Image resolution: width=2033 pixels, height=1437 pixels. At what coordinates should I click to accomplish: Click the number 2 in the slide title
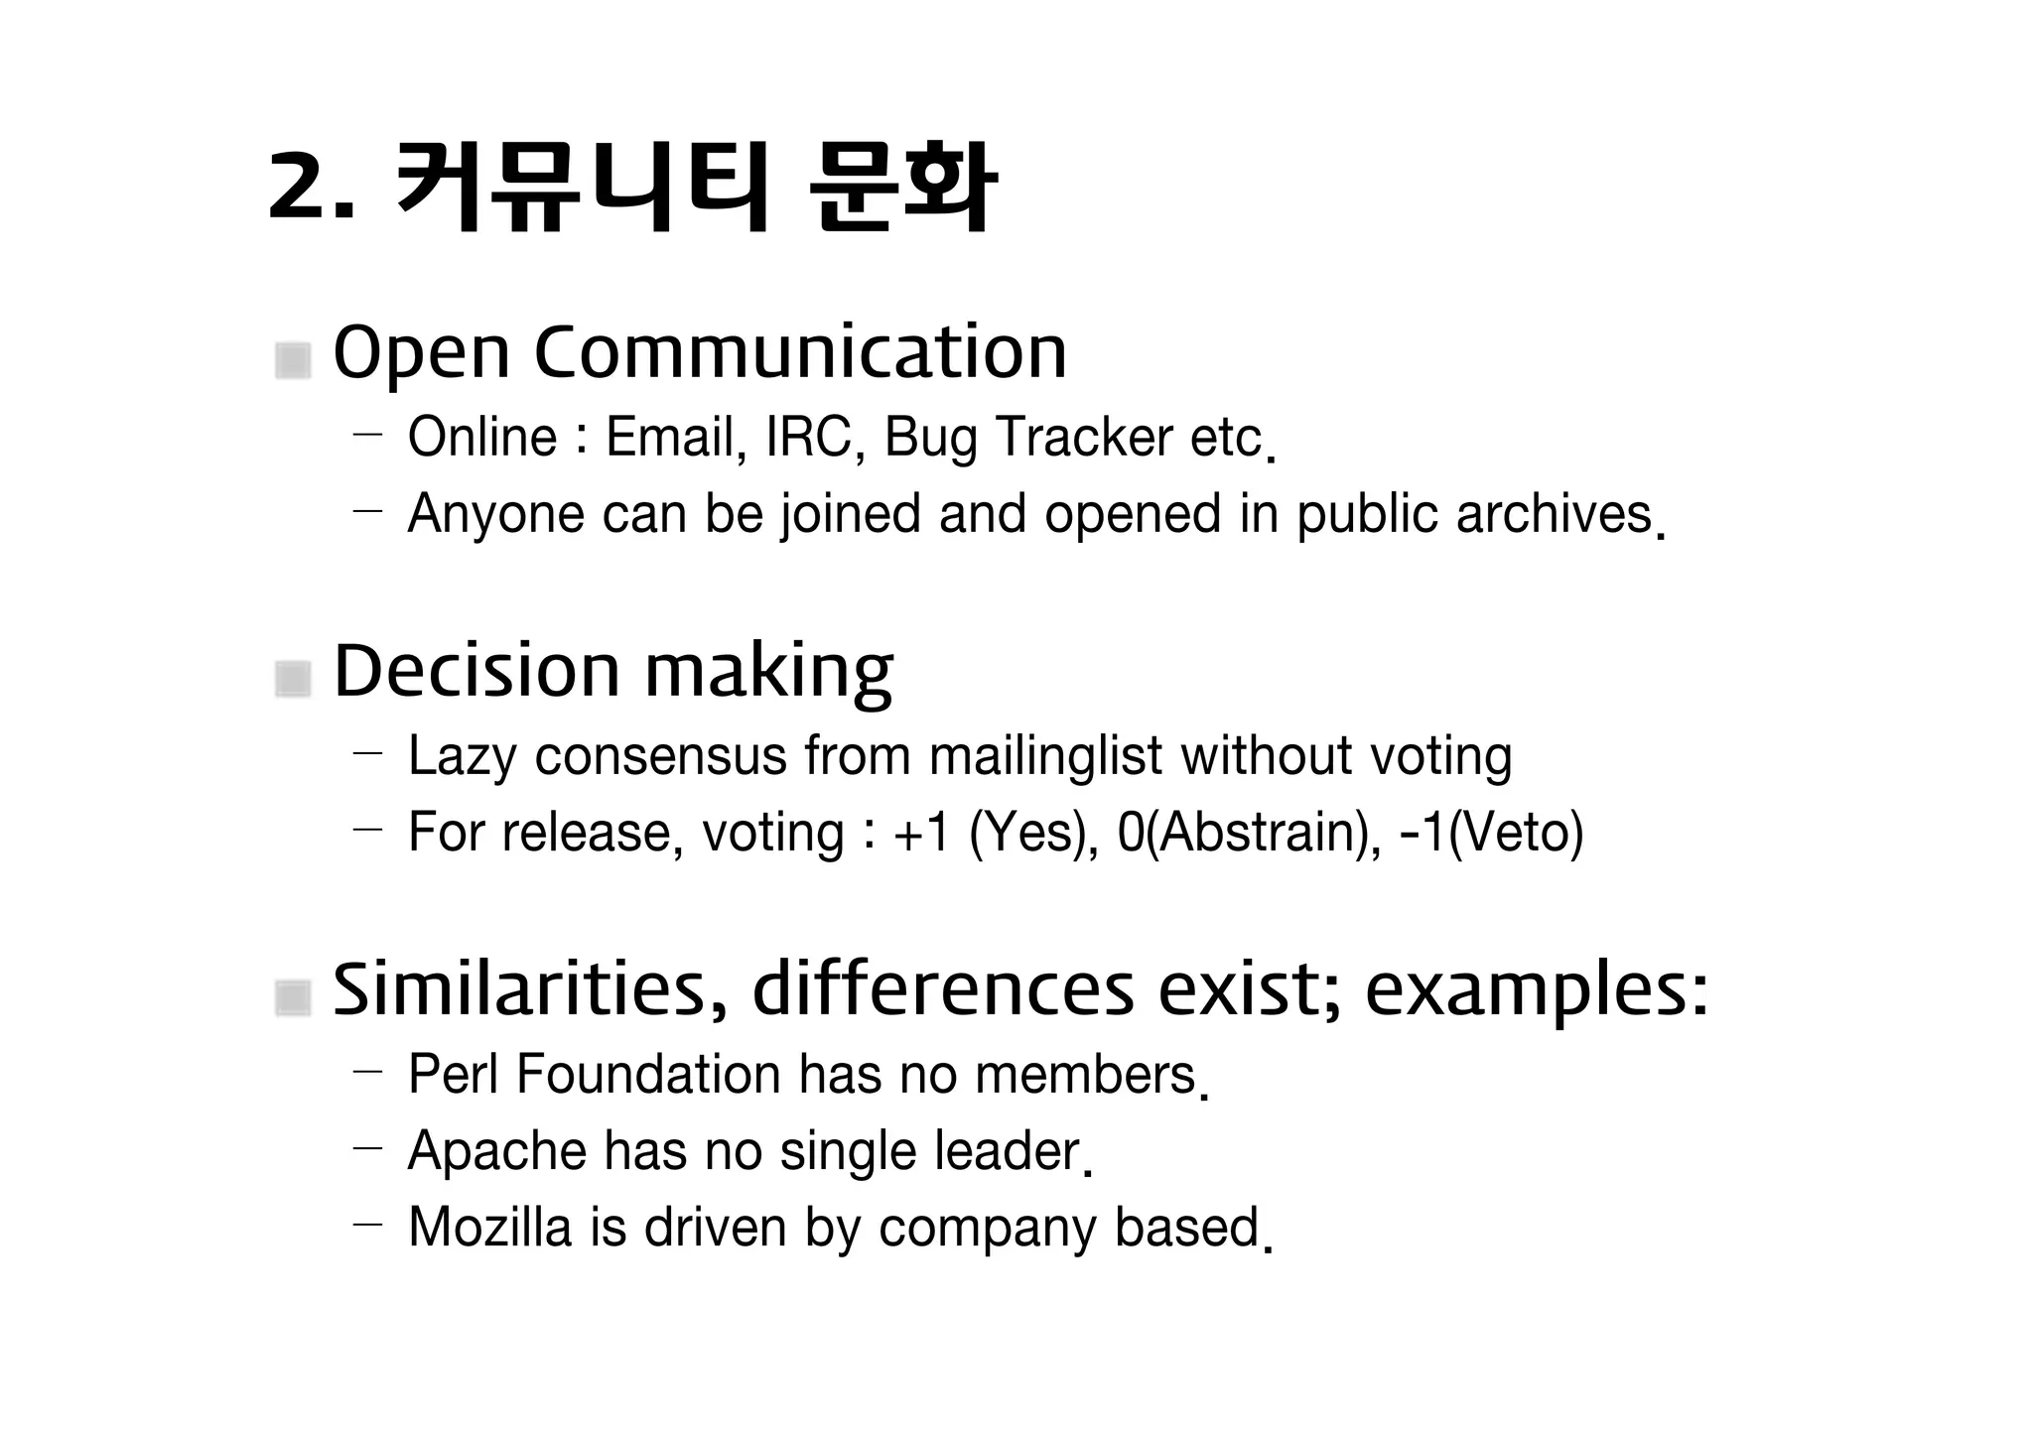(297, 186)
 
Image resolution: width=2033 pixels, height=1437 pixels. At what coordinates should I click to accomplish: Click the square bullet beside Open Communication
(293, 360)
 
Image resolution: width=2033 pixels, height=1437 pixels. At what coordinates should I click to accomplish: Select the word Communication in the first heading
(800, 352)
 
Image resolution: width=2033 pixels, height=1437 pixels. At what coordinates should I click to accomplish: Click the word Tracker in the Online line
(1084, 438)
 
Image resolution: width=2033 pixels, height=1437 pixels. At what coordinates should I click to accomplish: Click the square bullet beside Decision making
(293, 679)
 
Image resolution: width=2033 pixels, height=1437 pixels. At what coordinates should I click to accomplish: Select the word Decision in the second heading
(475, 671)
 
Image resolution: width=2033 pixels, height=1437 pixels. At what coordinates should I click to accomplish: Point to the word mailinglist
(1045, 756)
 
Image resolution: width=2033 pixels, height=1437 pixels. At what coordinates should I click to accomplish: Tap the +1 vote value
(922, 833)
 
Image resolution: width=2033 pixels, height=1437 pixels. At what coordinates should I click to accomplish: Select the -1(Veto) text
(1491, 833)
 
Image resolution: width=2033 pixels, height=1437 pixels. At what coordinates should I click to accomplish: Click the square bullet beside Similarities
(293, 997)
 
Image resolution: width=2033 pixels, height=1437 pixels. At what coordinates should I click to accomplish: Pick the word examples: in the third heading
(1536, 990)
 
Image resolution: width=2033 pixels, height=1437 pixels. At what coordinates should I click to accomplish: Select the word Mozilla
(490, 1228)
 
